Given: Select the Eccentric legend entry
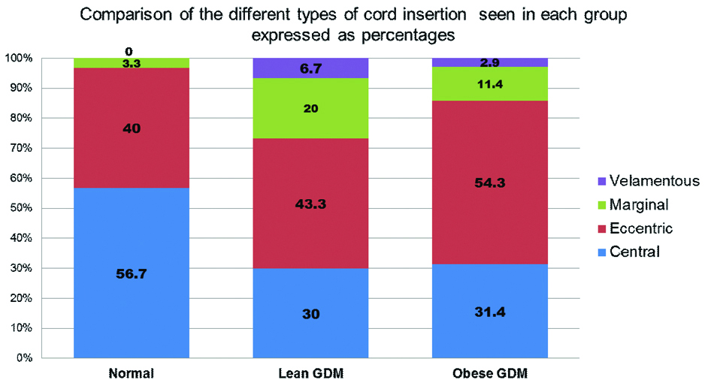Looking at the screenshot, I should pyautogui.click(x=641, y=228).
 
